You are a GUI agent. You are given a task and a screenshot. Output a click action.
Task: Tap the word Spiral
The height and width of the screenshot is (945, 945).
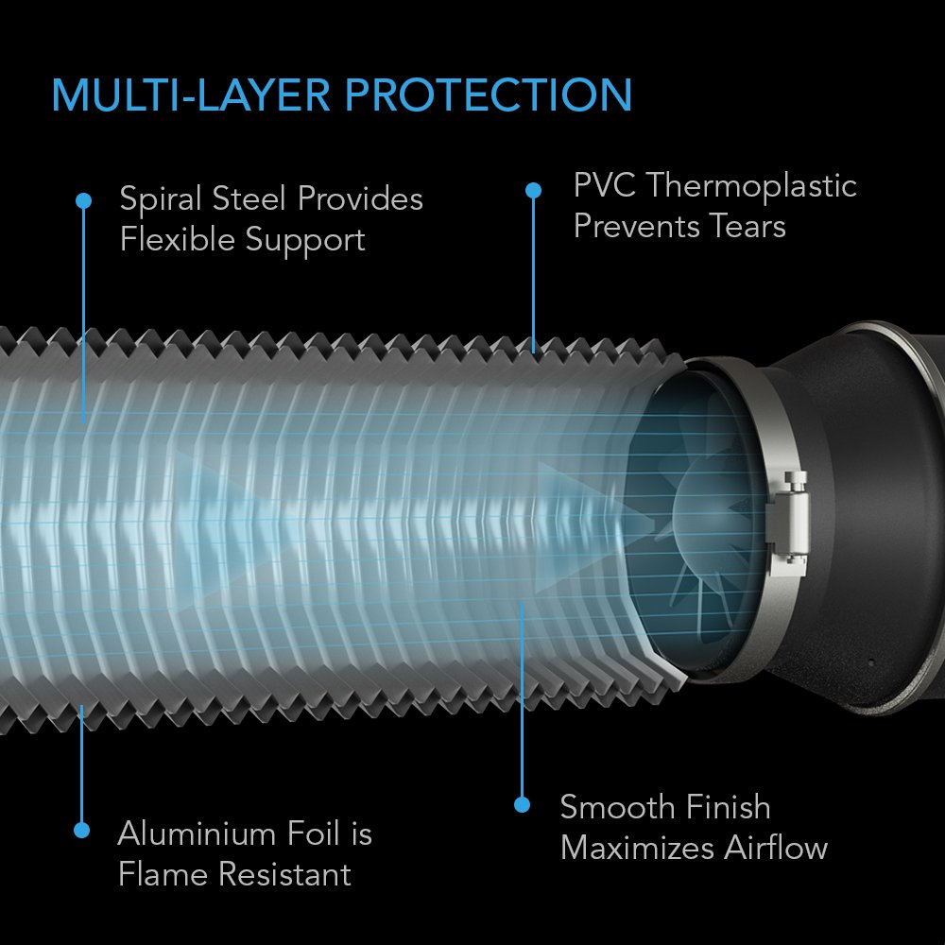[160, 199]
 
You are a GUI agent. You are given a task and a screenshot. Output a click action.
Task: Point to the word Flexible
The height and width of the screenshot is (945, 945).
[175, 240]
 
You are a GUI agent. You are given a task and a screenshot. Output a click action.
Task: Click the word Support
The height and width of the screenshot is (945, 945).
[304, 240]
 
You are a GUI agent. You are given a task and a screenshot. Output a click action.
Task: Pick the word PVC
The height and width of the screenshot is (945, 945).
[604, 185]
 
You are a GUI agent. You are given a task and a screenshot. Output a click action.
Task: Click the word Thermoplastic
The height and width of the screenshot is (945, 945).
[751, 185]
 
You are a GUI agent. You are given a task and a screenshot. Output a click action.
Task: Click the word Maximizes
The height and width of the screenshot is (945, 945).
[637, 848]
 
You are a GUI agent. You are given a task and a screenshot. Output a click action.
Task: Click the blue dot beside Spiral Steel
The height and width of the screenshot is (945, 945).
[83, 200]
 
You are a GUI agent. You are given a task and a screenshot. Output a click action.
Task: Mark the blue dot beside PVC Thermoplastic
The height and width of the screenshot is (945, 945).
[533, 190]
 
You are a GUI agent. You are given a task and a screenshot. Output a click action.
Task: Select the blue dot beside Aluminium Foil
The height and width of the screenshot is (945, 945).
[82, 830]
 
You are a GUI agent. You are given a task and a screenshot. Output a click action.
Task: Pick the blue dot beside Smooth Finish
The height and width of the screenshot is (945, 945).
[522, 804]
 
